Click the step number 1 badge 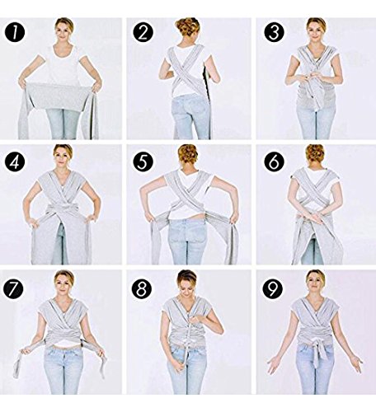pyautogui.click(x=15, y=32)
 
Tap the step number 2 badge pyautogui.click(x=143, y=32)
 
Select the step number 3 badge pyautogui.click(x=274, y=32)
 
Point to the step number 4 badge pyautogui.click(x=15, y=162)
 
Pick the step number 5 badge pyautogui.click(x=143, y=162)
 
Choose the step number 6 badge pyautogui.click(x=274, y=162)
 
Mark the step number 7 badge pyautogui.click(x=13, y=288)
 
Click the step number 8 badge pyautogui.click(x=142, y=288)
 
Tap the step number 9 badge pyautogui.click(x=273, y=288)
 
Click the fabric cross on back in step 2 pyautogui.click(x=187, y=73)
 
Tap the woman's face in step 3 pyautogui.click(x=316, y=30)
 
